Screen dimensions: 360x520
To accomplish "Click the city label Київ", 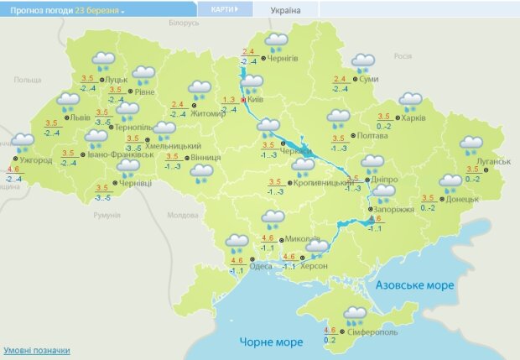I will pyautogui.click(x=257, y=100).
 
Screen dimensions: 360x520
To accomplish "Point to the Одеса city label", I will pyautogui.click(x=261, y=266).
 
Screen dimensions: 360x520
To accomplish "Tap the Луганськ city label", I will pyautogui.click(x=493, y=159).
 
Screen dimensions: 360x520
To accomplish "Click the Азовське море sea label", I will pyautogui.click(x=417, y=285).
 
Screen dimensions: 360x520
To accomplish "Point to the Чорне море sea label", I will pyautogui.click(x=271, y=342).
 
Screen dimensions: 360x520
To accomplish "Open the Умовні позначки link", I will pyautogui.click(x=37, y=351).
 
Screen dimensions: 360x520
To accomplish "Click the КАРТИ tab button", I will pyautogui.click(x=219, y=9).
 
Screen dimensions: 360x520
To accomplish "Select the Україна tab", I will pyautogui.click(x=284, y=11).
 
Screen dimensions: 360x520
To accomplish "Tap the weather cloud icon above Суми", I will pyautogui.click(x=362, y=63).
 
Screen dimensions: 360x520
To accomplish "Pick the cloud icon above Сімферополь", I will pyautogui.click(x=355, y=316).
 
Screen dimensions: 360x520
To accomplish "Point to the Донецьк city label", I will pyautogui.click(x=463, y=200).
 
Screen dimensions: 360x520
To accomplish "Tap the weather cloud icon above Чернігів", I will pyautogui.click(x=276, y=42).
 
